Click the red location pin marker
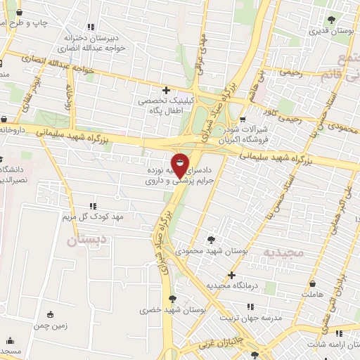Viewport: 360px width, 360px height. (180, 166)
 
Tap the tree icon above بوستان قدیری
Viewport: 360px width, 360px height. (332, 20)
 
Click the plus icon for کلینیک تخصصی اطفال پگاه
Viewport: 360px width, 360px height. (166, 90)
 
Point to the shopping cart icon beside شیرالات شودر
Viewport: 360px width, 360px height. (243, 120)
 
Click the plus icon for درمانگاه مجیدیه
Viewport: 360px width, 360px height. (231, 275)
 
